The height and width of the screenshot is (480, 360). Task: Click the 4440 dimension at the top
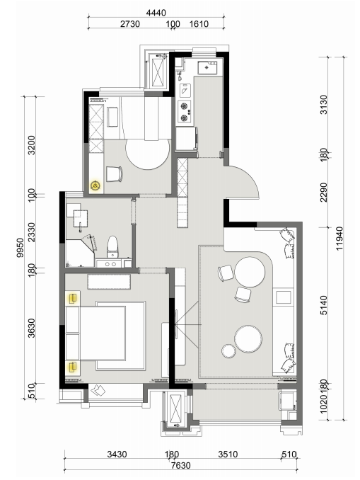click(x=156, y=13)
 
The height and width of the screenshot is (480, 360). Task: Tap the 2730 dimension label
click(x=130, y=24)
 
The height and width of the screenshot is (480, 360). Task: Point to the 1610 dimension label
click(x=199, y=24)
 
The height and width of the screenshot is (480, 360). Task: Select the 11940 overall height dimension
click(x=339, y=238)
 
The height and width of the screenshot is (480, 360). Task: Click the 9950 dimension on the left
click(x=20, y=247)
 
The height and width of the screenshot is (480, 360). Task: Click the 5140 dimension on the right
click(x=324, y=305)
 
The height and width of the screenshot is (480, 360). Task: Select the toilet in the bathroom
click(x=112, y=247)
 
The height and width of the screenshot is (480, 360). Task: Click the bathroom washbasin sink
click(x=81, y=218)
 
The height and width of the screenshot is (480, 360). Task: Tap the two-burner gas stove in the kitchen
click(x=185, y=112)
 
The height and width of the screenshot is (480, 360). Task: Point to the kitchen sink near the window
click(x=207, y=68)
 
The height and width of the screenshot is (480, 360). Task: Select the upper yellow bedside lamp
click(x=72, y=298)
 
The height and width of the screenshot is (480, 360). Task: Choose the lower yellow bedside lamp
click(x=72, y=367)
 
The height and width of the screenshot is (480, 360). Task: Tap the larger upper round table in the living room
click(x=250, y=272)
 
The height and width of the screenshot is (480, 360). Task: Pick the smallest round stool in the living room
click(x=228, y=351)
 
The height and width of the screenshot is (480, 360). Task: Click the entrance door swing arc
click(x=250, y=177)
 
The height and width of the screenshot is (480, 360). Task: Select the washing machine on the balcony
click(x=287, y=401)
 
